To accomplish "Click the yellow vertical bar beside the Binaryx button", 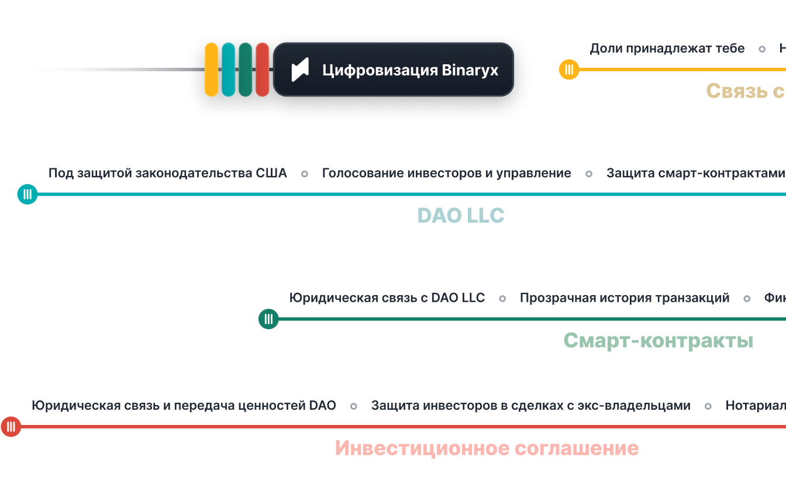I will [211, 70].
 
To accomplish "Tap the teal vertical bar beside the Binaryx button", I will [229, 70].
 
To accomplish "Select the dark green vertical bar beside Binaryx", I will [246, 70].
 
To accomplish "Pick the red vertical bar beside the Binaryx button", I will [263, 70].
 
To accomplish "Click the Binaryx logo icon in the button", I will [300, 70].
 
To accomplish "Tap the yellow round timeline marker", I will [569, 70].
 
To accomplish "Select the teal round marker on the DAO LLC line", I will [27, 194].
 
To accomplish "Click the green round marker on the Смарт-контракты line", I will [268, 319].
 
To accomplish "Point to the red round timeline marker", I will [11, 427].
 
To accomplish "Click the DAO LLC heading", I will [460, 216].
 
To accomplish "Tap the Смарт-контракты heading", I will [658, 340].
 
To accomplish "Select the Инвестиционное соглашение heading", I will [487, 448].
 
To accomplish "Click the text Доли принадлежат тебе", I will [667, 49].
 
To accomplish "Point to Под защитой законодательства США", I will [168, 173].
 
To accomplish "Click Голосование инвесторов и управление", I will [446, 173].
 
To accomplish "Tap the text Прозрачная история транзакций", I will [625, 298].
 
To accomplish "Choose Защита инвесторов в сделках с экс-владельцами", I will [530, 406].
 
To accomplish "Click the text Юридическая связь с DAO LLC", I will [387, 298].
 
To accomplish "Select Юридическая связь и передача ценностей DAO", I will [184, 406].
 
